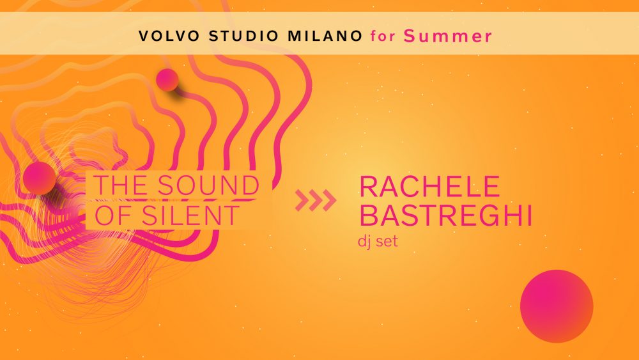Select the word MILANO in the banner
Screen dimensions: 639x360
[325, 36]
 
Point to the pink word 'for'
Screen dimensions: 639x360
[383, 36]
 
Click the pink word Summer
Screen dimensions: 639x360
[448, 36]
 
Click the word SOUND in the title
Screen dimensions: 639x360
[209, 185]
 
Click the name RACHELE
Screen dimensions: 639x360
[429, 186]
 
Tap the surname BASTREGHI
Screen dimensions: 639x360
[446, 215]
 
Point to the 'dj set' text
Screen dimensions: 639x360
[378, 241]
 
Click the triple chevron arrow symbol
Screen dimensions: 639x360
[316, 200]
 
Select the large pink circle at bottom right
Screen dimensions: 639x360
[557, 306]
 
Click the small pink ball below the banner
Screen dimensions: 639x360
[167, 80]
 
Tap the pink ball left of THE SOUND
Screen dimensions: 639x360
[40, 178]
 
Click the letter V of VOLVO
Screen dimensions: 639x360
[144, 36]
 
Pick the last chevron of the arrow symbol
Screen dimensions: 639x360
[329, 200]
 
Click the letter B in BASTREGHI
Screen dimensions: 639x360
[367, 215]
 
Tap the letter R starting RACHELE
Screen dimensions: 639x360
[368, 186]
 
